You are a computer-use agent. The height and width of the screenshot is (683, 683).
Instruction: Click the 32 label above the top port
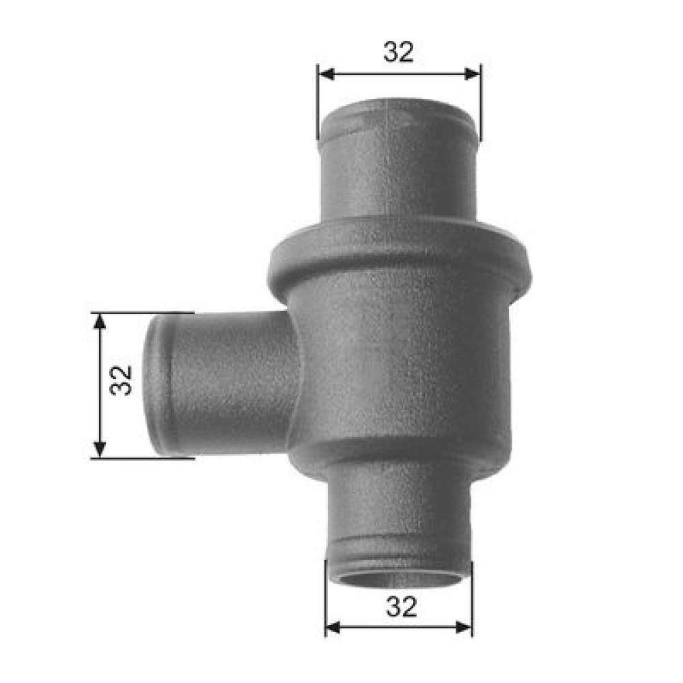(399, 52)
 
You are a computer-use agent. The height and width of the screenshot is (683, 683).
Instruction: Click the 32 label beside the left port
(121, 380)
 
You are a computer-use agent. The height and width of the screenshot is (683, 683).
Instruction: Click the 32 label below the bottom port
(401, 607)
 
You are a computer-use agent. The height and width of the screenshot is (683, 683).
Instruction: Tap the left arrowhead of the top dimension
(326, 74)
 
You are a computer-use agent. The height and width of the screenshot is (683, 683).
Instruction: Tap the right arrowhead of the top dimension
(473, 74)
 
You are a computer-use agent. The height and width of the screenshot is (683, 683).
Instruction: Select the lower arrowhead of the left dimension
(100, 449)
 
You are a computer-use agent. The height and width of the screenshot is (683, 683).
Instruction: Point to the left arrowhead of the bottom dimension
(333, 628)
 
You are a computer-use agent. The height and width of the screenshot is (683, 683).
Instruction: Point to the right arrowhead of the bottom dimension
(464, 628)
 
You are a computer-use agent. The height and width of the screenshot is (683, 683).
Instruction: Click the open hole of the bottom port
(399, 580)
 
